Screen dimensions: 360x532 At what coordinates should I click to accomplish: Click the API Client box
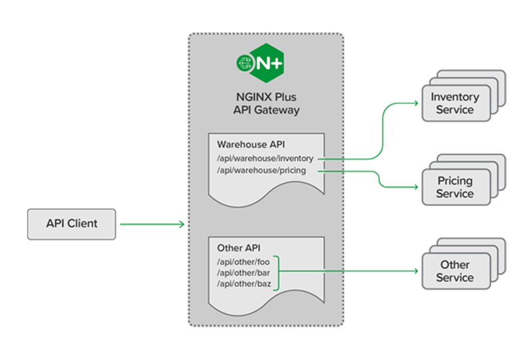tap(72, 224)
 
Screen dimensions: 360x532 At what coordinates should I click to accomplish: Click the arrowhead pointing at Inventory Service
tap(413, 103)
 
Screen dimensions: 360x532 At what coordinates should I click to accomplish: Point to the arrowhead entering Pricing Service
tap(413, 187)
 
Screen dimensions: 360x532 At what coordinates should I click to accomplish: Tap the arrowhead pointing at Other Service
tap(413, 271)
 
